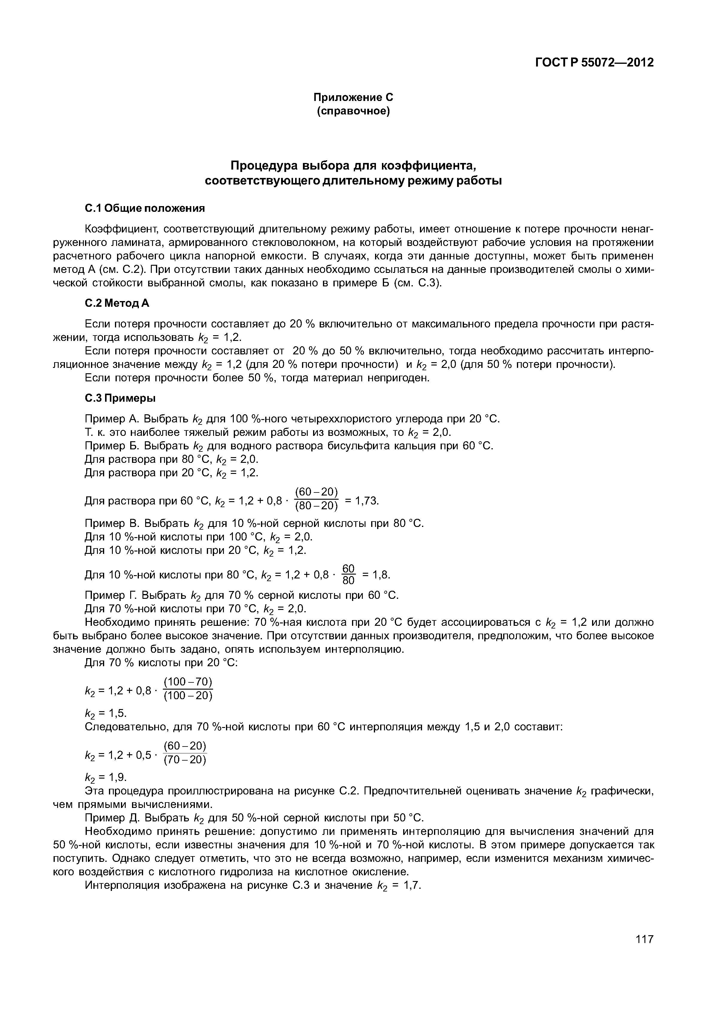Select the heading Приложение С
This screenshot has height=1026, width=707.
point(353,97)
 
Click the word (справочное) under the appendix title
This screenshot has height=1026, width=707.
point(353,111)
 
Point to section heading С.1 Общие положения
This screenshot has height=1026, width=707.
point(144,208)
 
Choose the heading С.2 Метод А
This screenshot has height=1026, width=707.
point(117,303)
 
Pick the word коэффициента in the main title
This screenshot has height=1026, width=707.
point(418,166)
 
